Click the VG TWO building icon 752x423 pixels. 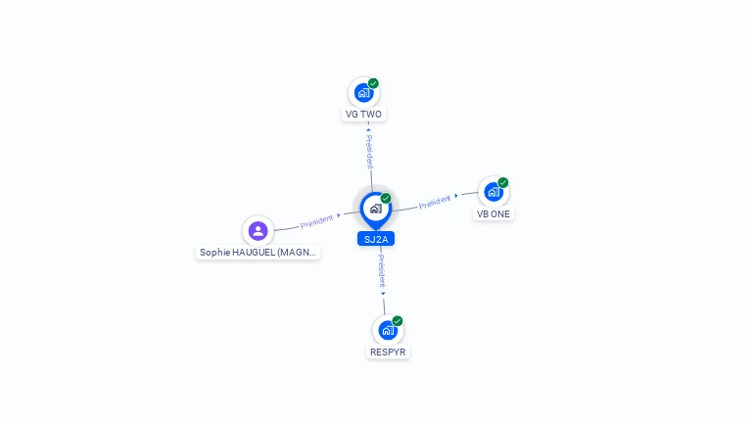[363, 93]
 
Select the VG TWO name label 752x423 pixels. [363, 115]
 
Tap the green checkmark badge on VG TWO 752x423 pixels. [374, 83]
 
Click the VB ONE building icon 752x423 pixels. [493, 192]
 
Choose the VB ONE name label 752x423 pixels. [493, 213]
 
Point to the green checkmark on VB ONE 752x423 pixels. [503, 183]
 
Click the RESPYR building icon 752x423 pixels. [388, 330]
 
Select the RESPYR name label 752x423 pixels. [388, 352]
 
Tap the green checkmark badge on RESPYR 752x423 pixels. [398, 321]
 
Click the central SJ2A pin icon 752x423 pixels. [376, 211]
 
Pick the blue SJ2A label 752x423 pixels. [376, 239]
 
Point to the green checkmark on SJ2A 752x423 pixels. [386, 199]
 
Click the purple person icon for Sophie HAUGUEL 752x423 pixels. [258, 231]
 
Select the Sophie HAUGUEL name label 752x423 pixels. [258, 253]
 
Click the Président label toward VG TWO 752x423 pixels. [369, 151]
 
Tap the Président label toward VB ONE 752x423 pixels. [435, 203]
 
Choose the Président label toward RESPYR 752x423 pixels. [381, 271]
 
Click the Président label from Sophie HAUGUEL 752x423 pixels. [316, 221]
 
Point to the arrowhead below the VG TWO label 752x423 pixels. [368, 129]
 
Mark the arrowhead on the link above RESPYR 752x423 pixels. [383, 294]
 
